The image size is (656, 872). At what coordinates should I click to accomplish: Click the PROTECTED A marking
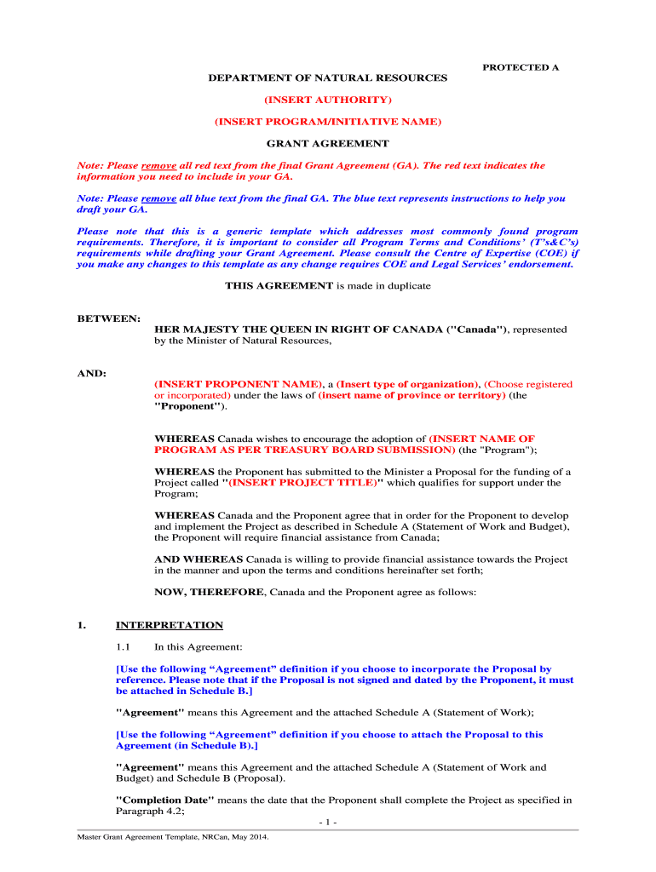(521, 66)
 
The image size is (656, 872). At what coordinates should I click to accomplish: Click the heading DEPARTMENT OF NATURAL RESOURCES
(328, 78)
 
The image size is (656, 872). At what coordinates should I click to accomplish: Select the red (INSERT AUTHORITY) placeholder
(328, 100)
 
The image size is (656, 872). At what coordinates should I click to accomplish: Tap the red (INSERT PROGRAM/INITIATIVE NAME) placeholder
(328, 123)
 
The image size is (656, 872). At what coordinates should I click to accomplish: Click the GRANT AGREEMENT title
(328, 144)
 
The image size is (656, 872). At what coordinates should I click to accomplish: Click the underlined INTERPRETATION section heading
(170, 625)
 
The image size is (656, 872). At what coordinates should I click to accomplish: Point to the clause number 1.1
(124, 647)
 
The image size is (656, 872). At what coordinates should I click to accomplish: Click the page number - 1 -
(328, 823)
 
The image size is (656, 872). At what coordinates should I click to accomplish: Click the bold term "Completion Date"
(165, 800)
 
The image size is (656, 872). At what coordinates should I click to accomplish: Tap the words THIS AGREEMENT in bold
(279, 286)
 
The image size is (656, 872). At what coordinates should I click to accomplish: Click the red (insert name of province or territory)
(411, 395)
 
